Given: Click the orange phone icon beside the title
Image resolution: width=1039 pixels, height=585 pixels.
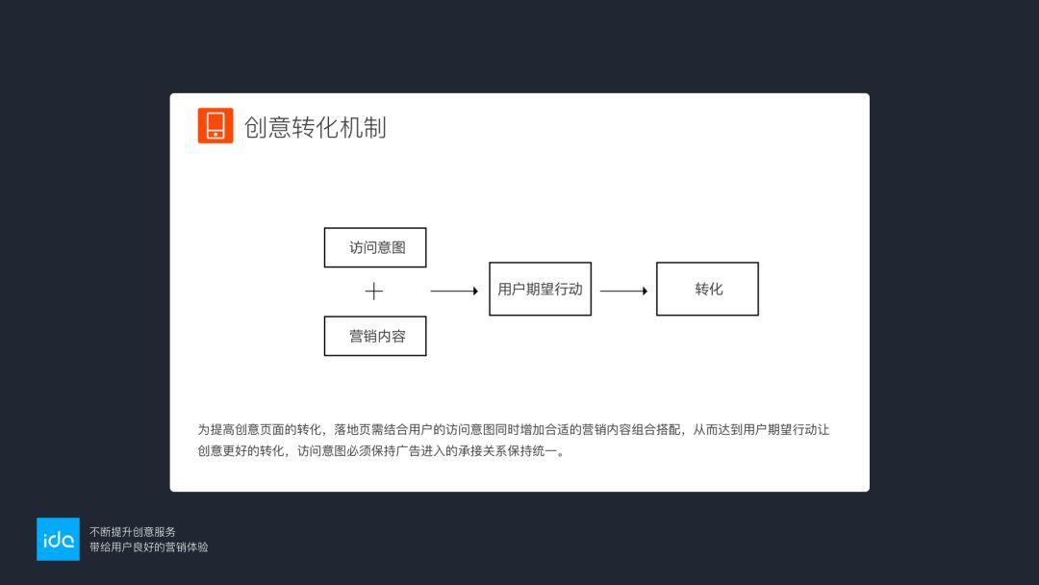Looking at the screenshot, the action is (215, 125).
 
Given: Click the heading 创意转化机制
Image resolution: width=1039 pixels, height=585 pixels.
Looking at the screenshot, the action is (316, 127).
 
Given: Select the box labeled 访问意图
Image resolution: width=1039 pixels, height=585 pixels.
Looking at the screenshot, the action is (375, 248).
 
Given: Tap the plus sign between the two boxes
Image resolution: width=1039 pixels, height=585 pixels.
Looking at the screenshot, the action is (373, 291).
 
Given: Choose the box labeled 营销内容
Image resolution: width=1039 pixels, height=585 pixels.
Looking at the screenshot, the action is (375, 336).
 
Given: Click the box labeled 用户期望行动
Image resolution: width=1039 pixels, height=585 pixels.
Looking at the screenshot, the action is (540, 289).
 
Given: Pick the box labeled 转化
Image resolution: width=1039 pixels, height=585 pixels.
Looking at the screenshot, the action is (708, 289).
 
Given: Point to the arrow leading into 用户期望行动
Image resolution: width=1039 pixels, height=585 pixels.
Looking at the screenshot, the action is (454, 291).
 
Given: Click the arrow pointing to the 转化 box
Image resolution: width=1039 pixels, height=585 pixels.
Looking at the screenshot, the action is (623, 291).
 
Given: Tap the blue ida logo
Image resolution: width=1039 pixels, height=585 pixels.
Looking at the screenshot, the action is (58, 539).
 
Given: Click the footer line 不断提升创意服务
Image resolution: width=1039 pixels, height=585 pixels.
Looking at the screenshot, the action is (133, 532).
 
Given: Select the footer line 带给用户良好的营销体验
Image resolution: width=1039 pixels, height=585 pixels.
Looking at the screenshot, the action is (149, 547).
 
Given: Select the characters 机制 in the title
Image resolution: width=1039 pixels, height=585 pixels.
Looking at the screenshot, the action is (363, 127).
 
